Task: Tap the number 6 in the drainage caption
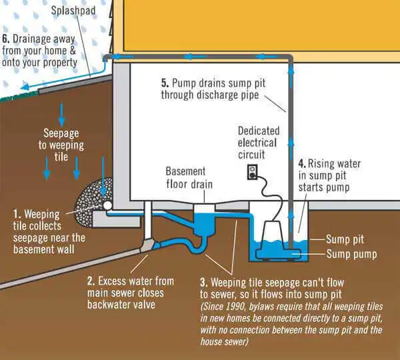point(6,39)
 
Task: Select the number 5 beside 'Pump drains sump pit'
point(165,83)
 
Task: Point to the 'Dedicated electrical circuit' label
point(258,142)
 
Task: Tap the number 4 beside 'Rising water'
point(301,162)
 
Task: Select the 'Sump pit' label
point(346,239)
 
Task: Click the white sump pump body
point(280,233)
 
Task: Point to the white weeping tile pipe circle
point(107,206)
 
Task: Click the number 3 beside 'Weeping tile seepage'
point(203,281)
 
